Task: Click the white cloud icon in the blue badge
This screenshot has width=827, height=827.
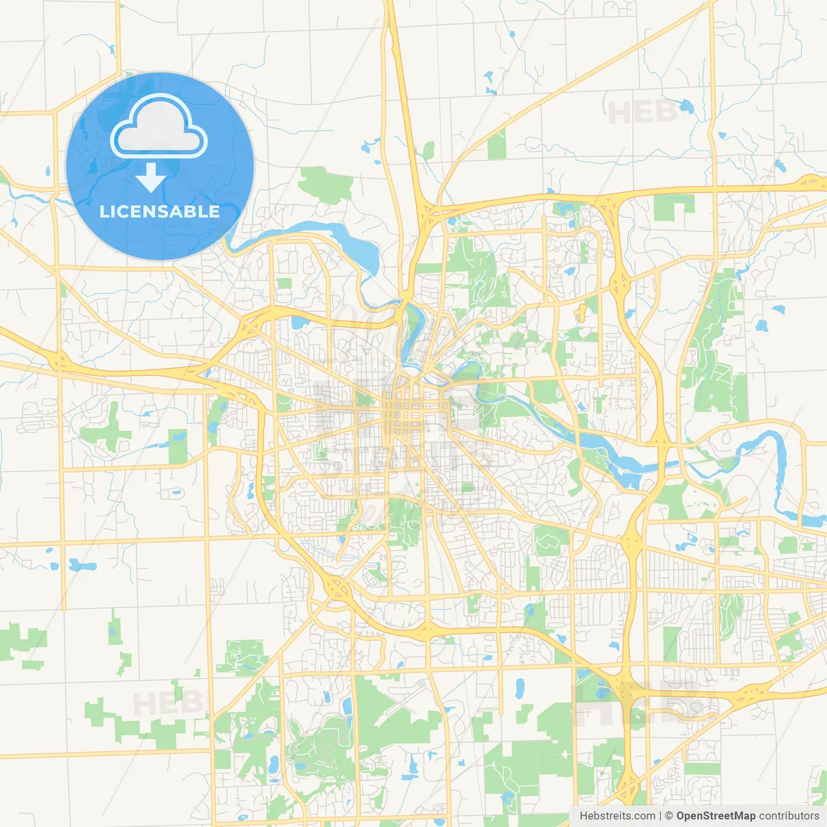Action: pos(159,127)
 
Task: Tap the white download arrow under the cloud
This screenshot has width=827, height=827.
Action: pos(151,178)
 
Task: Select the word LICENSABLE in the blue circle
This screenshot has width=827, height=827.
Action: pos(160,212)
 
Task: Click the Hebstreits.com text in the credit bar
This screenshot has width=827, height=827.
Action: pos(617,816)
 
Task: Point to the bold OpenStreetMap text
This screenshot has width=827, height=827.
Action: pos(715,816)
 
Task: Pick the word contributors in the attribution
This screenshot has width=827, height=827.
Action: pos(789,816)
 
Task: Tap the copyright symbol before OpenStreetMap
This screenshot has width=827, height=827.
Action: pos(669,816)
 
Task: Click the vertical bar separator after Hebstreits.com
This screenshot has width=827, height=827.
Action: pos(660,816)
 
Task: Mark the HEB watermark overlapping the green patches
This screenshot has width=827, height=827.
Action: pos(162,703)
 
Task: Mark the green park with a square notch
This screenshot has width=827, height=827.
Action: pos(673,207)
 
